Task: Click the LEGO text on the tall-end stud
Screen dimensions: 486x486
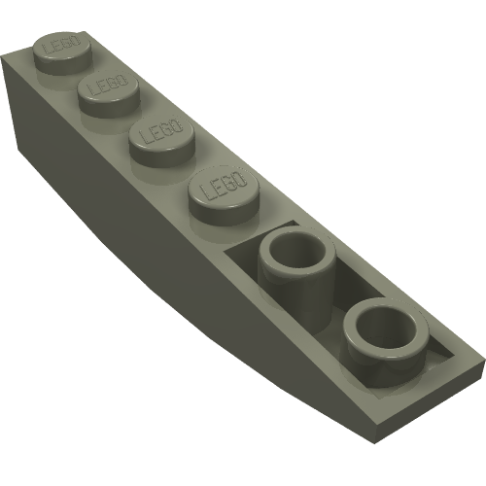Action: click(x=57, y=47)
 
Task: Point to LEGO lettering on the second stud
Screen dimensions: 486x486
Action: click(x=105, y=87)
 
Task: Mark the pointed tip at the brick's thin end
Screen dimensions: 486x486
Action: click(x=476, y=366)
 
